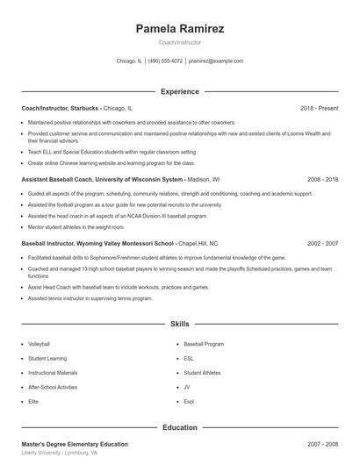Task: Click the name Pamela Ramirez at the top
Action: (x=180, y=29)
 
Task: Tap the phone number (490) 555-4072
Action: (x=165, y=61)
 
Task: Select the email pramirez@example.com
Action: (x=215, y=61)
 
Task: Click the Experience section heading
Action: (x=180, y=91)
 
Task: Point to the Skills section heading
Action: (x=180, y=324)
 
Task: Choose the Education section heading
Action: (x=180, y=427)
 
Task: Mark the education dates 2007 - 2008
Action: (x=322, y=445)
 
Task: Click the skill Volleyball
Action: (x=39, y=344)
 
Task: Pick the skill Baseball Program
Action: (x=204, y=344)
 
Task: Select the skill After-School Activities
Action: (x=53, y=387)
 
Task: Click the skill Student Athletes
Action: (x=203, y=372)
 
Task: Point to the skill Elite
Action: (x=33, y=401)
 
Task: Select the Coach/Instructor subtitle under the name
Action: (x=180, y=42)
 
